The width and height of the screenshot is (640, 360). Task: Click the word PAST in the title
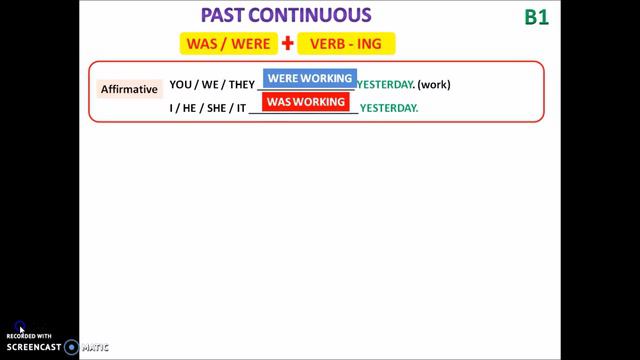coord(227,16)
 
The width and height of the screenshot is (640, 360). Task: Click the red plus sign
coord(288,44)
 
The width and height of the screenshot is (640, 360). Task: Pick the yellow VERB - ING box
coord(346,44)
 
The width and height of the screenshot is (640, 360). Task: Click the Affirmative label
coord(129,89)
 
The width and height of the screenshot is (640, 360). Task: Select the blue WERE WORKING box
coord(309,78)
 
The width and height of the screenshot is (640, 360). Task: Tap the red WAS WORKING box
coord(305,101)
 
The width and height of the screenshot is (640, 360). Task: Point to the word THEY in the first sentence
coord(241,85)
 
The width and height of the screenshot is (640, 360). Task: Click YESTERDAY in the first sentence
coord(385,85)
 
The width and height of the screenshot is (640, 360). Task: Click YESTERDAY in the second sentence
coord(389,107)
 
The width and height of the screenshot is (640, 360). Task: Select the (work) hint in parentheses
coord(434,85)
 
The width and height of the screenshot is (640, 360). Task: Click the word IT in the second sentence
coord(238,107)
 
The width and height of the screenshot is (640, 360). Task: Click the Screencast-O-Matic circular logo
coord(71,347)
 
